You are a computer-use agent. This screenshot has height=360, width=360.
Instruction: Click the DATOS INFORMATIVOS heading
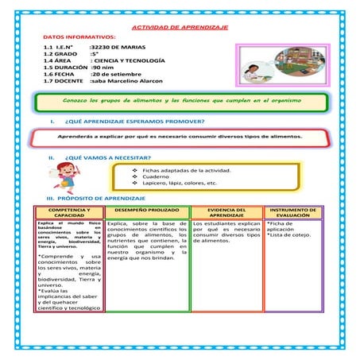pyautogui.click(x=79, y=37)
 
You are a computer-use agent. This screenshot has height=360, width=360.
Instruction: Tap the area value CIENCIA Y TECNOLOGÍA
pyautogui.click(x=129, y=60)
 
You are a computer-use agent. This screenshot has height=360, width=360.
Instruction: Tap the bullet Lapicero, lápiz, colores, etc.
pyautogui.click(x=179, y=184)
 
